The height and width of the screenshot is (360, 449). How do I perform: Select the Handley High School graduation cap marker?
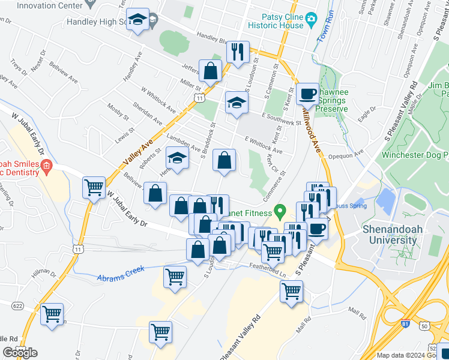138,20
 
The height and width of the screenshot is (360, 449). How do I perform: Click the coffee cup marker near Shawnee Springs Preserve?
307,94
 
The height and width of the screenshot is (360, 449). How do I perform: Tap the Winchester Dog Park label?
415,155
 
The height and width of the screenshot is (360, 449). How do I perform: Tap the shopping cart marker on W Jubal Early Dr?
94,188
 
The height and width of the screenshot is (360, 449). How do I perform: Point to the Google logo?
20,352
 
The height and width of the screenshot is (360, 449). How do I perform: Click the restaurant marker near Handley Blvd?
238,52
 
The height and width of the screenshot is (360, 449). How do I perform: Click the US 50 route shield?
425,326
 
